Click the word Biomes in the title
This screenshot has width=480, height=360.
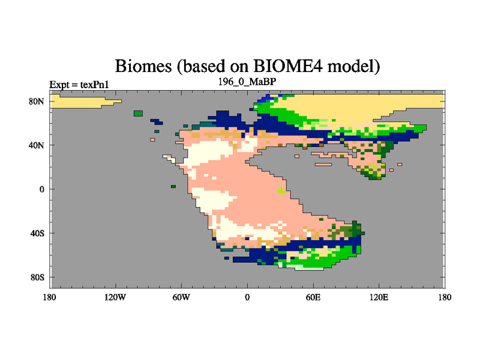pos(143,66)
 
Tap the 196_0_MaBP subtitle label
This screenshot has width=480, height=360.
pos(247,82)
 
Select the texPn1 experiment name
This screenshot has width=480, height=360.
pos(95,85)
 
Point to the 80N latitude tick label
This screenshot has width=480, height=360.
pos(37,101)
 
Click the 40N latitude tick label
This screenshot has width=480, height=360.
pos(37,145)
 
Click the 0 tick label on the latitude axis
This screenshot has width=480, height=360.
pos(41,189)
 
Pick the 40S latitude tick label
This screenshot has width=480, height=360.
pos(37,233)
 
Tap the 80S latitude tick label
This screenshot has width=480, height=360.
pos(37,277)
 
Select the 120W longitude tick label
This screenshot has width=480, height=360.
pos(115,297)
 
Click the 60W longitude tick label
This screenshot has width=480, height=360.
pos(181,297)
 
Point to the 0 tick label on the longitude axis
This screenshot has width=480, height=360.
pos(247,297)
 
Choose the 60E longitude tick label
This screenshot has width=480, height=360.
pos(313,297)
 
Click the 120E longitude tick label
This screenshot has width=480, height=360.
pos(379,297)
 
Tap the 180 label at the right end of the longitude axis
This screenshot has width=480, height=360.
pos(445,297)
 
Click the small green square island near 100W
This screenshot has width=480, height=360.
pos(139,113)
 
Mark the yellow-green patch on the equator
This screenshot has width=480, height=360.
pos(281,190)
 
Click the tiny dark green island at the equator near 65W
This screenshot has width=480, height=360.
pos(173,187)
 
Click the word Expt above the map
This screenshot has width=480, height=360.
pos(59,85)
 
